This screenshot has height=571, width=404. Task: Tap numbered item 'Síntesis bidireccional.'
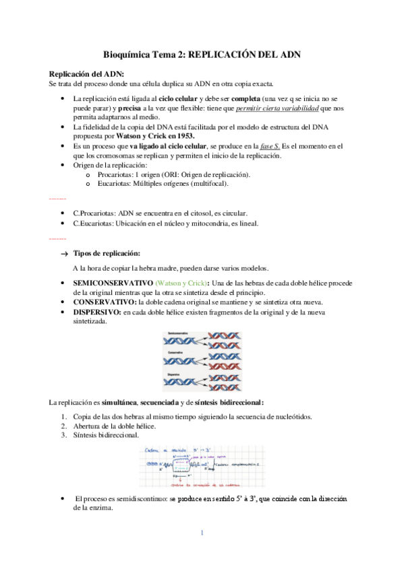pos(112,435)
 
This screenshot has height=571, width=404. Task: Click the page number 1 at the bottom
pos(202,533)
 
